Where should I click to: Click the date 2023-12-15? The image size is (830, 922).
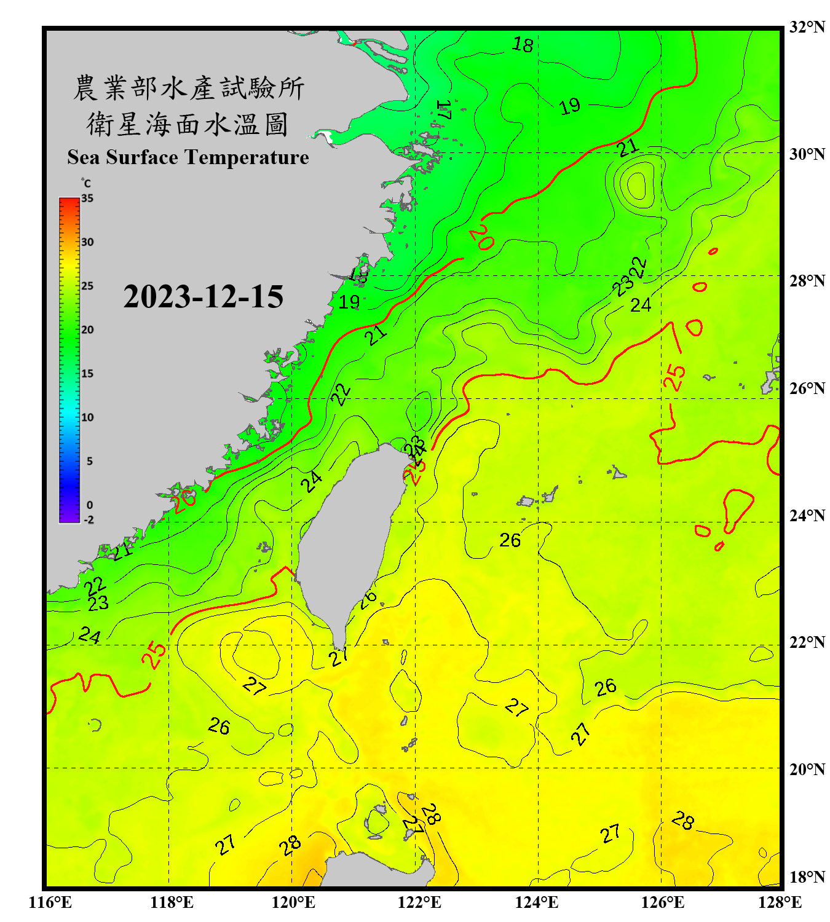click(203, 297)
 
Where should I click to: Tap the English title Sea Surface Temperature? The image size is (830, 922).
click(188, 157)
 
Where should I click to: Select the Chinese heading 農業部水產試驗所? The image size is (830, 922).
click(188, 88)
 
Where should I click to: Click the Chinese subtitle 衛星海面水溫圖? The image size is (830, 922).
click(188, 124)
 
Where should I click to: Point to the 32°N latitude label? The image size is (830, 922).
click(807, 27)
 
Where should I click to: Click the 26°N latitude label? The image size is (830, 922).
click(807, 388)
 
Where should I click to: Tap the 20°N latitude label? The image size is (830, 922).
click(807, 769)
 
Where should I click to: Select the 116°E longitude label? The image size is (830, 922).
click(50, 902)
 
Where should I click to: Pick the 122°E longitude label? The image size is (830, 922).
click(419, 902)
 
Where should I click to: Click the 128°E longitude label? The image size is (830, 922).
click(780, 902)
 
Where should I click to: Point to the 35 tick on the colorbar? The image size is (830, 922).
click(87, 199)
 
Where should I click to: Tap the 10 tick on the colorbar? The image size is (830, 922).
click(87, 417)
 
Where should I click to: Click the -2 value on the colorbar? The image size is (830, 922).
click(89, 520)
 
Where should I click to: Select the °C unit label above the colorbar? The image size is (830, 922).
click(86, 183)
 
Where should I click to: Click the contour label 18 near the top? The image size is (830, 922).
click(523, 45)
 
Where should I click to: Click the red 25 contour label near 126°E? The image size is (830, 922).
click(674, 377)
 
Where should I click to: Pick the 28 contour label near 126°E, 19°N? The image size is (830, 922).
click(683, 820)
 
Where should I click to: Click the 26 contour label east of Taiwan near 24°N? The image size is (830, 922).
click(510, 540)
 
